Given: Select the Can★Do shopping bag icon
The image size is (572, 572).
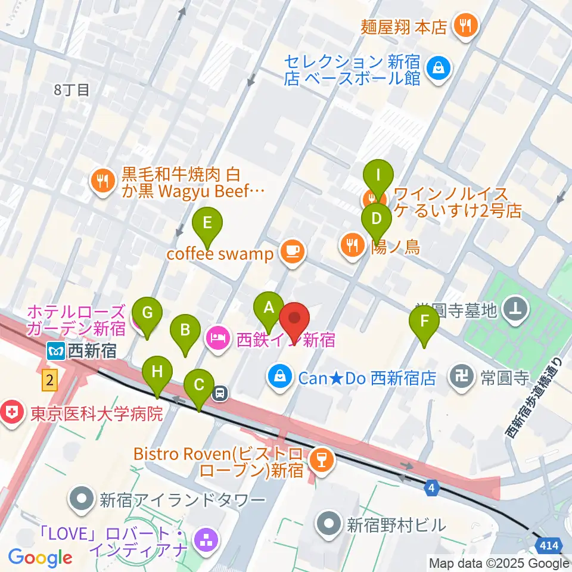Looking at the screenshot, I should coord(278,377).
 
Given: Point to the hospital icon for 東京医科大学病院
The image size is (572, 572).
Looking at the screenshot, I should coord(10,412).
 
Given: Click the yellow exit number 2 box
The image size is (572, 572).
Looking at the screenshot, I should coord(49,380).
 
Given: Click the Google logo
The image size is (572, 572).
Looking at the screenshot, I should coord(40,558).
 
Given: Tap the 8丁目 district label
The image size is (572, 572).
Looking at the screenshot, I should coord(71,90).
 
